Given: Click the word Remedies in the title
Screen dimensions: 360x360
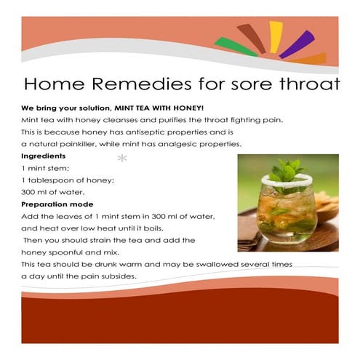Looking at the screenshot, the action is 141,84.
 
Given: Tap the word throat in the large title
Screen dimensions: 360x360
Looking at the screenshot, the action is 309,84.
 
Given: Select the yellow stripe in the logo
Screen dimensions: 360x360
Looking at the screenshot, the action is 276,37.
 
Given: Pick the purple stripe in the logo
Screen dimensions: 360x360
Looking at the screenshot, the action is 297,44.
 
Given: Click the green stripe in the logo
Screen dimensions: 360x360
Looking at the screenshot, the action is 236,47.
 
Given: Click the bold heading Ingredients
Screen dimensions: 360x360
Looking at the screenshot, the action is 44,156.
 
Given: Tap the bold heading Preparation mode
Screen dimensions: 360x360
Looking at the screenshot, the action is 57,204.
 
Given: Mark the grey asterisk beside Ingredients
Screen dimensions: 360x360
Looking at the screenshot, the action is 122,159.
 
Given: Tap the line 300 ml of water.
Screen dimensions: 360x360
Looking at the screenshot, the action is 53,192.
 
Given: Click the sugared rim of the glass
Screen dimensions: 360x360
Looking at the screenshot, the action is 287,180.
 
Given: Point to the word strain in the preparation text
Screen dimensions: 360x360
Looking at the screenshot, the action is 100,241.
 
